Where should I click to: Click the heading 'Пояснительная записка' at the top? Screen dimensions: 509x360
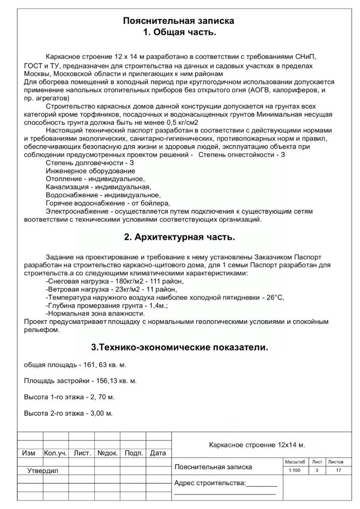[179, 21]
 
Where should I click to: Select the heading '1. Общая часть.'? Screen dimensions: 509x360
[179, 32]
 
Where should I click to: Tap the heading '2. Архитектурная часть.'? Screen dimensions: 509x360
[179, 236]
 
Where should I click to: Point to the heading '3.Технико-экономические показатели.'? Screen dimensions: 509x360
[179, 348]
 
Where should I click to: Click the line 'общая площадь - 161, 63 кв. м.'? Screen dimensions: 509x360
[75, 365]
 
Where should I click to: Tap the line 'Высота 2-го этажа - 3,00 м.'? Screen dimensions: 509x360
[69, 413]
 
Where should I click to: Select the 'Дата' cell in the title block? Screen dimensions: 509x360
[158, 453]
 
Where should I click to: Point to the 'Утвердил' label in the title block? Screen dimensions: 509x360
[43, 471]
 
